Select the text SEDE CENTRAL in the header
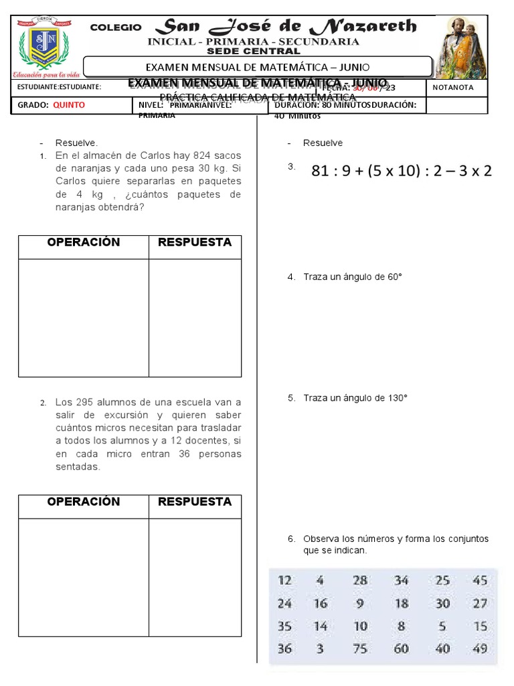tap(253, 51)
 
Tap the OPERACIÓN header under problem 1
tap(83, 243)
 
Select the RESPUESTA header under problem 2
tap(195, 502)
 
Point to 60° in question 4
tap(392, 277)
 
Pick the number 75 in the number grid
tap(361, 648)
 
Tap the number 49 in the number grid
tap(480, 648)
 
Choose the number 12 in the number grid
tap(284, 580)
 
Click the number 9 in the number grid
tap(360, 603)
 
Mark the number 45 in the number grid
tap(480, 580)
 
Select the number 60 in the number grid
tap(402, 648)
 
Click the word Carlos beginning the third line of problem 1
tap(72, 182)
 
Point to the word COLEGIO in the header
tap(116, 27)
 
